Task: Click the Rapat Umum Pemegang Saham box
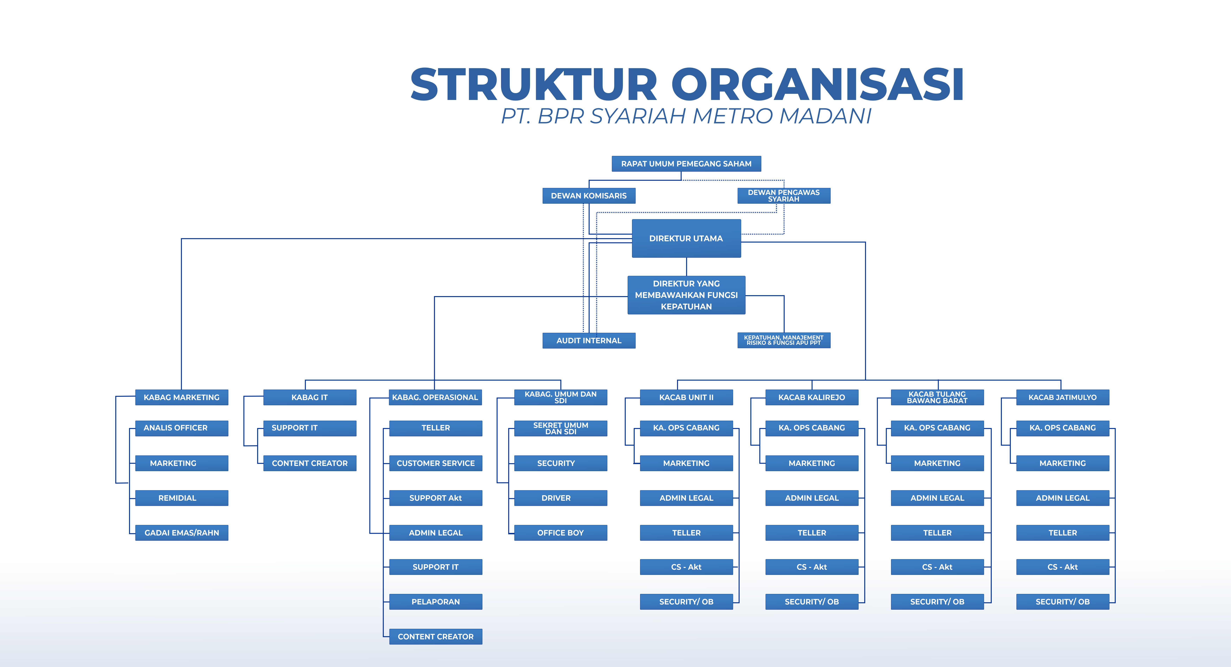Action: [x=686, y=163]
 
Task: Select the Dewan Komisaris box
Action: [x=589, y=196]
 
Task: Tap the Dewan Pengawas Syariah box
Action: [x=784, y=196]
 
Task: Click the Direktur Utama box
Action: [x=686, y=238]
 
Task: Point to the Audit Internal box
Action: [x=589, y=340]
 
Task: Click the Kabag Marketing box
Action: [x=182, y=397]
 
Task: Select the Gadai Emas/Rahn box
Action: [x=182, y=533]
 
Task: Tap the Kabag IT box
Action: [x=310, y=397]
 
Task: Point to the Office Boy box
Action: [x=561, y=533]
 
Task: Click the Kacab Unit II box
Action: [x=686, y=397]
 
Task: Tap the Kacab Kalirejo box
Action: [x=812, y=397]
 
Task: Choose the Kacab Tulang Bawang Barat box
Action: [x=937, y=397]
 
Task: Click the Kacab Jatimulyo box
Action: [x=1062, y=397]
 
